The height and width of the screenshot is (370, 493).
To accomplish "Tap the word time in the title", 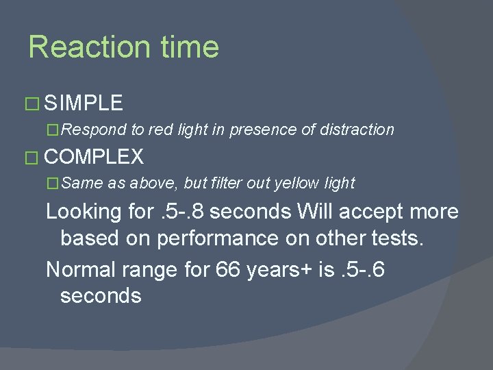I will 190,47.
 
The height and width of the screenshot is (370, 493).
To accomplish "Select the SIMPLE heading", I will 84,103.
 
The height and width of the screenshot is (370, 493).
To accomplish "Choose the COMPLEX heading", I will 94,157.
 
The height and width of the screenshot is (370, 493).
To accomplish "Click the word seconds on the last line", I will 101,297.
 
